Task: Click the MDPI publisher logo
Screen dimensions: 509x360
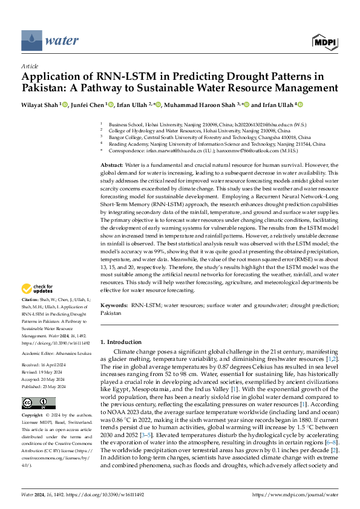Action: click(325, 41)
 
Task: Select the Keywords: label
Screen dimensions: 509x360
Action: click(114, 307)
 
